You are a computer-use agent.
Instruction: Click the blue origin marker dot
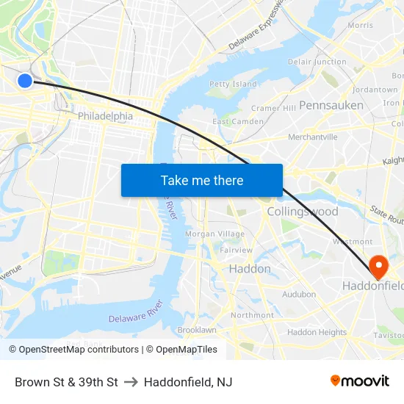(24, 80)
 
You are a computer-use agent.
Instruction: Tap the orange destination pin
(378, 266)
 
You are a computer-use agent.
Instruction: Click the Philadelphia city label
(105, 116)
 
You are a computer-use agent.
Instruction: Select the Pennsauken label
(331, 105)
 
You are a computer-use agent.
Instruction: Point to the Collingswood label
(303, 212)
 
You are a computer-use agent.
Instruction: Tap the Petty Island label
(233, 84)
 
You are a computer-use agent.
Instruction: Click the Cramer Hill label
(273, 108)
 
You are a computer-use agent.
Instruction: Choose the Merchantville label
(313, 137)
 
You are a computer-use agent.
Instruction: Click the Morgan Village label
(214, 234)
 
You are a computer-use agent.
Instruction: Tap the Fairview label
(236, 250)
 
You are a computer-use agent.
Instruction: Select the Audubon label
(299, 294)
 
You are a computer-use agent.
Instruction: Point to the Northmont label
(252, 315)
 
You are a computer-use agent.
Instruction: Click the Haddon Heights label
(317, 332)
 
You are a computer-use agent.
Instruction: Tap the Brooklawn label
(196, 330)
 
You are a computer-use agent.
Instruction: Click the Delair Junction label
(317, 62)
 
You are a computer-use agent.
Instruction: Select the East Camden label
(237, 121)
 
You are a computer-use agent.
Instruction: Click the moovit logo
(359, 380)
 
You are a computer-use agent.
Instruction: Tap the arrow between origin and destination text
(131, 382)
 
